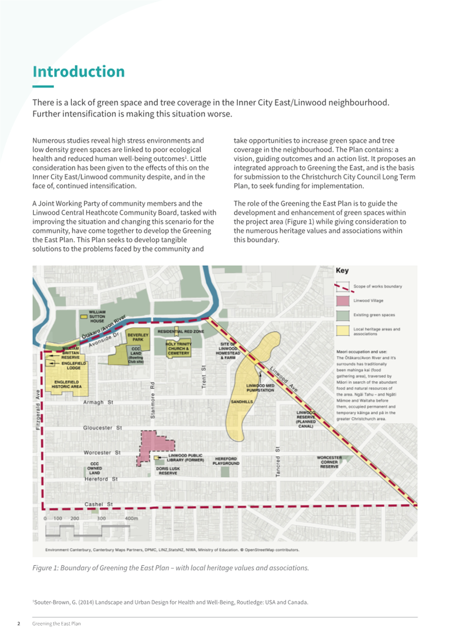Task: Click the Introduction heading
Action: coord(79,72)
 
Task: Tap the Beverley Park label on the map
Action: coord(138,337)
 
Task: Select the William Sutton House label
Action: coord(97,316)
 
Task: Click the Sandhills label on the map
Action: coord(242,402)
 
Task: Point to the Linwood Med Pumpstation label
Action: coord(260,388)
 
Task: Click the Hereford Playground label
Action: coord(226,461)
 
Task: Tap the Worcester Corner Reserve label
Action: coord(329,462)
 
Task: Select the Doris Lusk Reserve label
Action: coord(168,471)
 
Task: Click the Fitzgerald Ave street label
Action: coord(38,410)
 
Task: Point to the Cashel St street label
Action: coord(98,504)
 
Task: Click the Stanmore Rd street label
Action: coord(153,400)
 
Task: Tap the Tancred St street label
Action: coord(278,462)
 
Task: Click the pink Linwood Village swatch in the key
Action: coord(343,300)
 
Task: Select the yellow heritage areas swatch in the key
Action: coord(343,331)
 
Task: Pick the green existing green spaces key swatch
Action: coord(343,315)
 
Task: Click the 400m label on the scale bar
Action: coord(131,518)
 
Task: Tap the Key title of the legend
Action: coord(342,271)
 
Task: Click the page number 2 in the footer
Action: coord(19,624)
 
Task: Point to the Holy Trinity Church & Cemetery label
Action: coord(178,348)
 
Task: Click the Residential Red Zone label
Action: coord(181,332)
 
